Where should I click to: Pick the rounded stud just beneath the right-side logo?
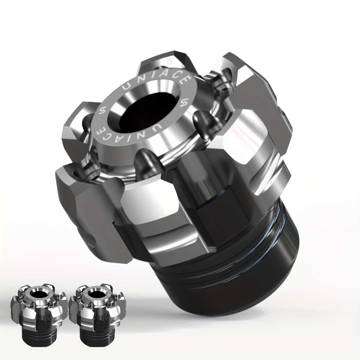200,118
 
